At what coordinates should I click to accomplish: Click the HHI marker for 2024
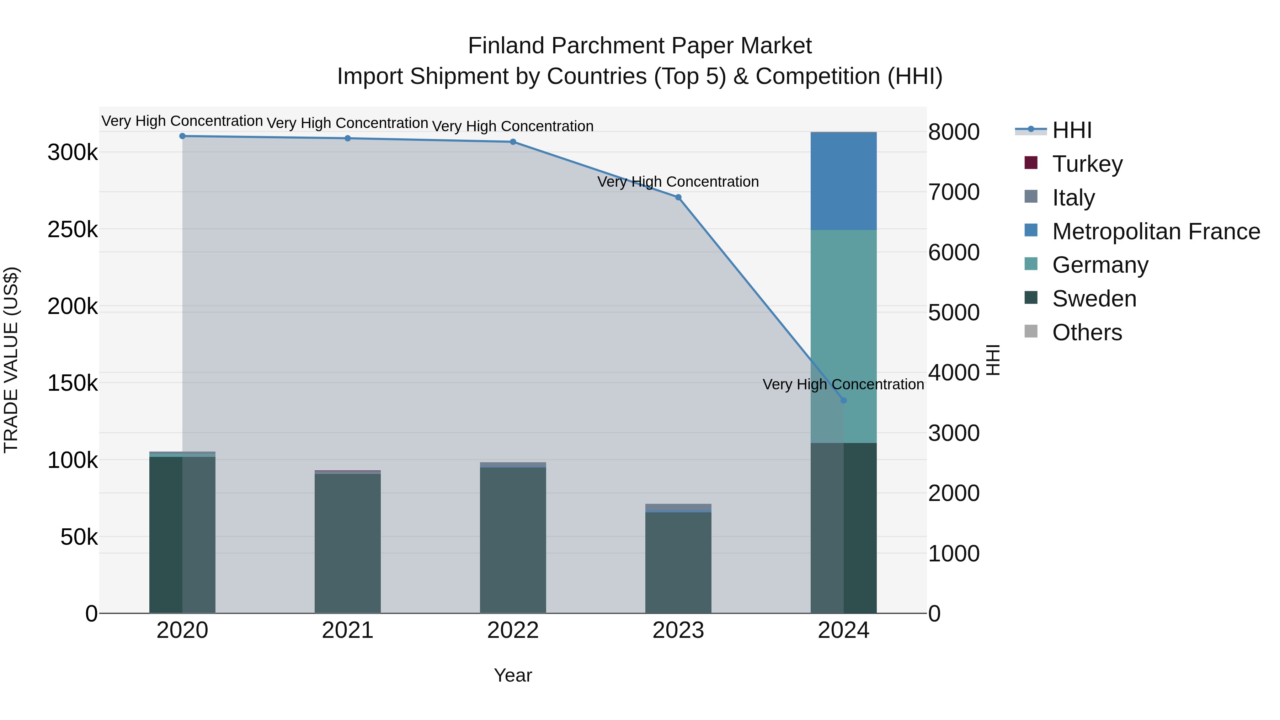tap(843, 400)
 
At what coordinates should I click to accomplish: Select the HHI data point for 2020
tap(182, 136)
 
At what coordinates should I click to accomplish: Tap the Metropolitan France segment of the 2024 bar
tap(843, 181)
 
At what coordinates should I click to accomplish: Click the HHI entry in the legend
tap(1071, 130)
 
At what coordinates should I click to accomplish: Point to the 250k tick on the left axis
tap(73, 230)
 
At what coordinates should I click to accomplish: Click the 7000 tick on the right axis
tap(953, 192)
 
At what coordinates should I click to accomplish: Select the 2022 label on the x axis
tap(512, 630)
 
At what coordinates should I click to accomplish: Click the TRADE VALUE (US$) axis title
tap(11, 360)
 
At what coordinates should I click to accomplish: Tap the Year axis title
tap(512, 675)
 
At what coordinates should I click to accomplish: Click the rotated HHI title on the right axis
tap(992, 360)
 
